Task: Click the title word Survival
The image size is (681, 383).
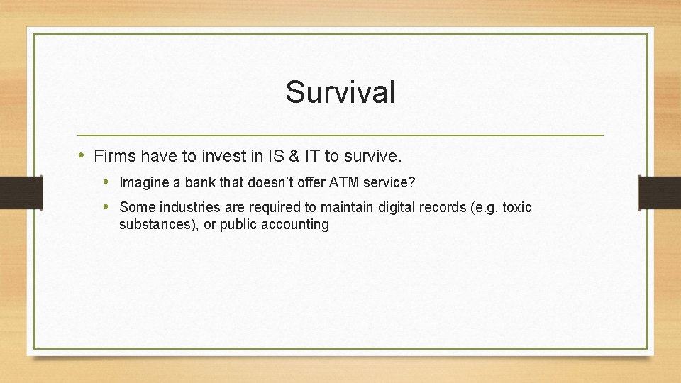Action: click(340, 92)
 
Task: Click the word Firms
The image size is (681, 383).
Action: click(114, 155)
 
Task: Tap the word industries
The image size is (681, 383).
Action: click(182, 207)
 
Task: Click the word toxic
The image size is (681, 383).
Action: click(516, 207)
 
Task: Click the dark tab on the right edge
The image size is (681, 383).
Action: click(660, 192)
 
